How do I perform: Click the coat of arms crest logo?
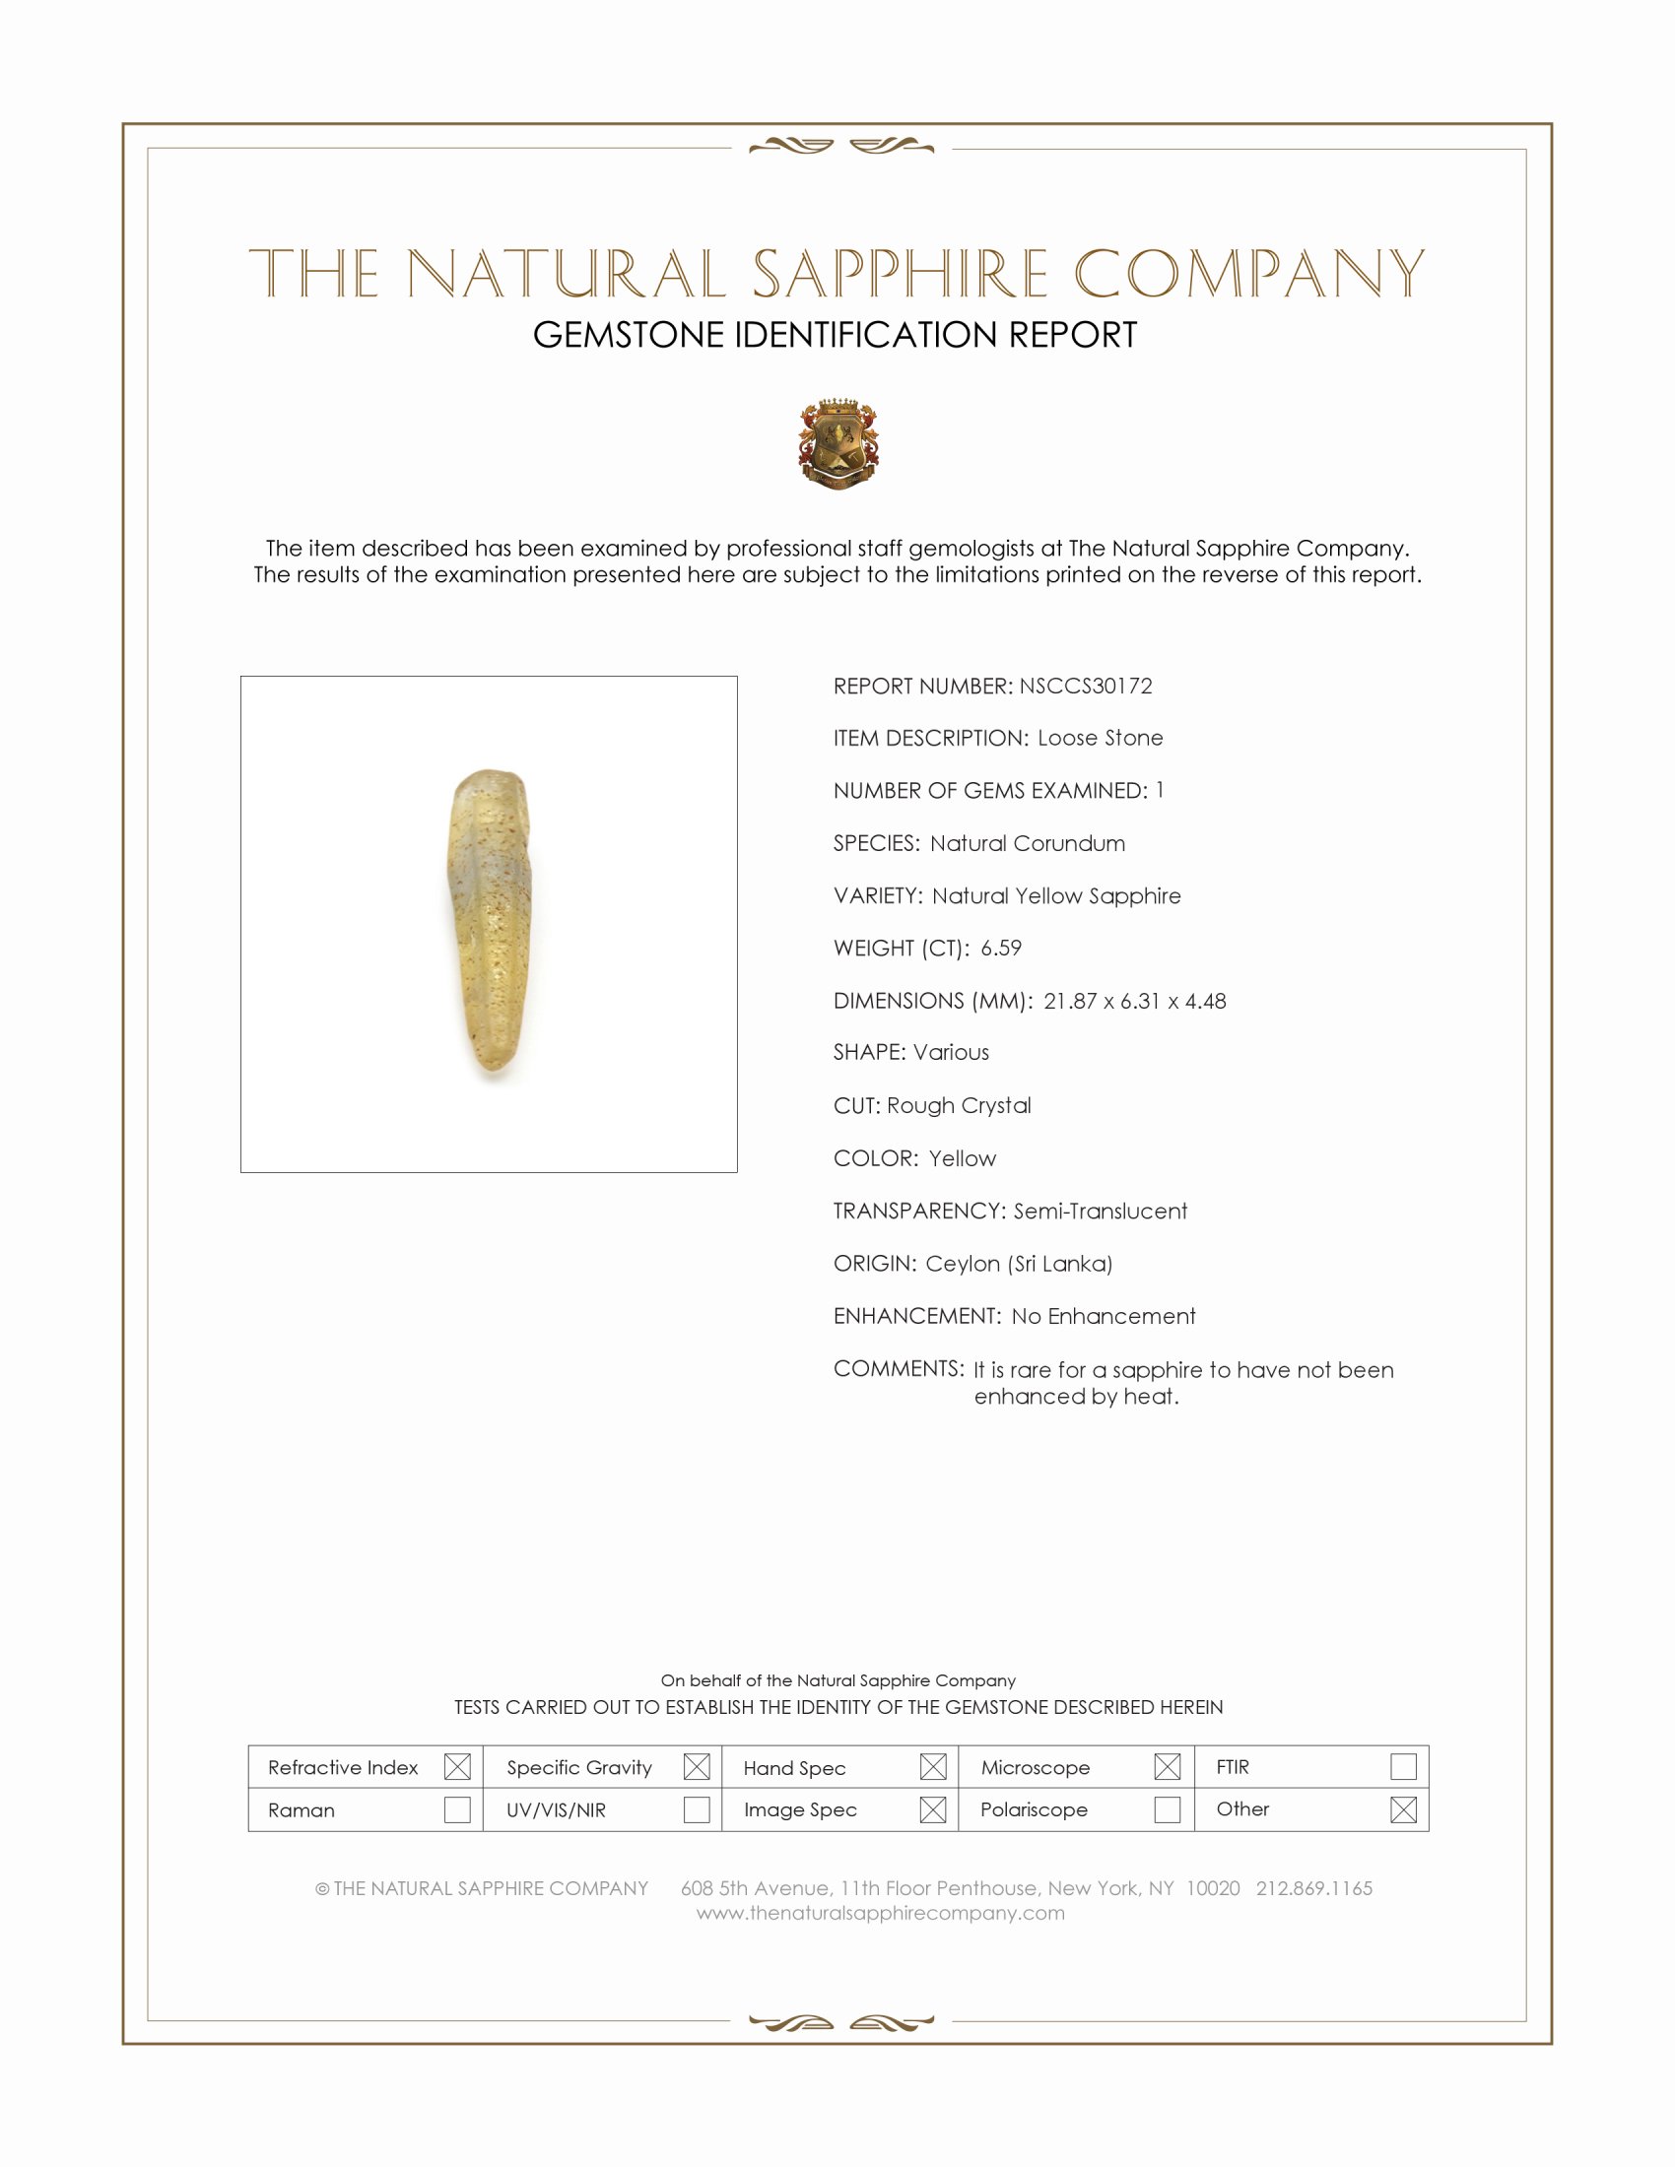(x=838, y=443)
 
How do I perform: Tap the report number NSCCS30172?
(x=1086, y=686)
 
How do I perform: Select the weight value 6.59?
(x=1000, y=948)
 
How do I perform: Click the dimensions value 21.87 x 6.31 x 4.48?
(x=1134, y=1000)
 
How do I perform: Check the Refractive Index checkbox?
(x=457, y=1766)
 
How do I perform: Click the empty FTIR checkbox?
(x=1403, y=1766)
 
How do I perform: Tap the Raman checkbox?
(x=457, y=1808)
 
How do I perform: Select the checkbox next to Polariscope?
(x=1167, y=1808)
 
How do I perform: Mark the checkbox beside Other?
(x=1403, y=1808)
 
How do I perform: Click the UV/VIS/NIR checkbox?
(x=697, y=1808)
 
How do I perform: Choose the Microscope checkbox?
(x=1167, y=1766)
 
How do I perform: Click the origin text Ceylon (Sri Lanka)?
(x=1019, y=1263)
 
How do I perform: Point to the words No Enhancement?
(x=1104, y=1316)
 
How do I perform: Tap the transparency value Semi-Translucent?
(x=1100, y=1211)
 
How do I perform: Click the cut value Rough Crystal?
(x=959, y=1105)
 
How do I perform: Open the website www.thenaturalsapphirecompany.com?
(x=880, y=1913)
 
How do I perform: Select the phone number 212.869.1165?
(x=1313, y=1887)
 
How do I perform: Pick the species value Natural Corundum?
(x=1027, y=843)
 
